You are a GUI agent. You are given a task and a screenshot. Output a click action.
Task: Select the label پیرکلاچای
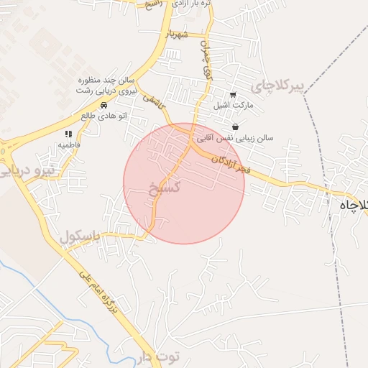coord(278,86)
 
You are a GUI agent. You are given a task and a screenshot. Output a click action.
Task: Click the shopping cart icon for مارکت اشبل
coord(232,94)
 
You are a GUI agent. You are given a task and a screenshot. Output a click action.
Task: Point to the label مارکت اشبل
coord(231,105)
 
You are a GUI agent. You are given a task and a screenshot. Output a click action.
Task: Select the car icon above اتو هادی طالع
coord(103,105)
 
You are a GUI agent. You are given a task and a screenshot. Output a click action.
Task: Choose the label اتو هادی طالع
coord(103,115)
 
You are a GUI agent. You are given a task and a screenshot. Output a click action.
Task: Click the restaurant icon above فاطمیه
coord(69,134)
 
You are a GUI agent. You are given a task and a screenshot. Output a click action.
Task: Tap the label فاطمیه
coord(69,144)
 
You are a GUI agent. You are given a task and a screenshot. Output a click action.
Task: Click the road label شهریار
coord(176,33)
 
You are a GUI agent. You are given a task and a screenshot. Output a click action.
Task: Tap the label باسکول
coord(78,236)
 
